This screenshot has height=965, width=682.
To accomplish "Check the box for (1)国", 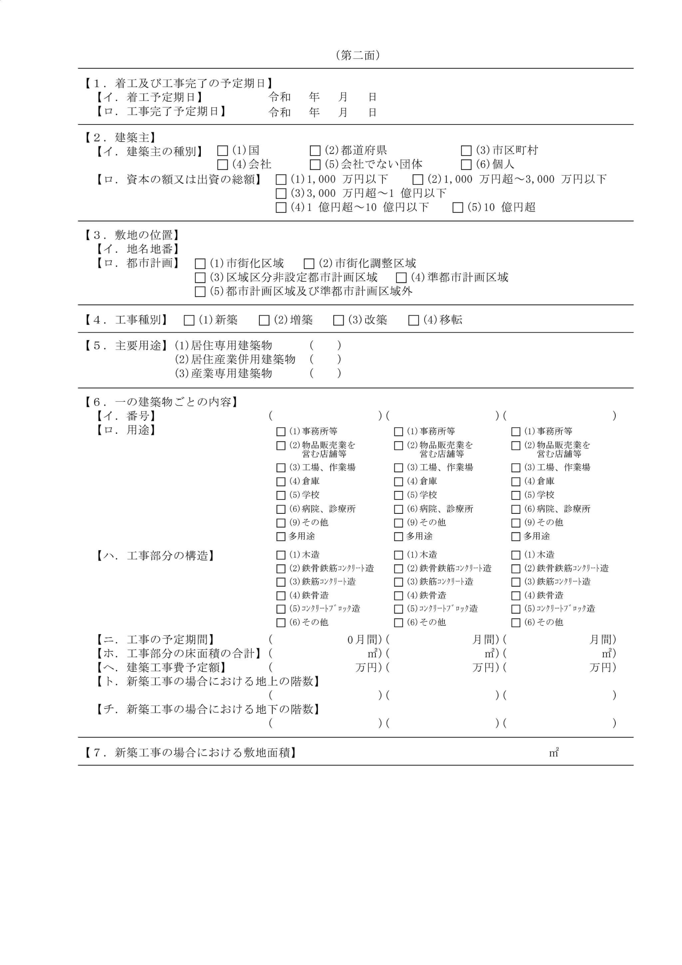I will pos(222,151).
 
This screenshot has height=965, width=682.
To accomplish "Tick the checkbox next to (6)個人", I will pos(466,164).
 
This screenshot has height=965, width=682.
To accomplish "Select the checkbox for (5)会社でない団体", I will pos(315,164).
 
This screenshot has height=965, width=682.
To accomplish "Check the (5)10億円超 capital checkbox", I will pos(458,208).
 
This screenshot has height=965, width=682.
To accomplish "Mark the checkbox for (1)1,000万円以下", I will pos(281,180).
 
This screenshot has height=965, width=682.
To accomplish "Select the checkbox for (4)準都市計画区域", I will pos(401,278).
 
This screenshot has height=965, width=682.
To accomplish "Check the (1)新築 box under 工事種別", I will pos(189,321).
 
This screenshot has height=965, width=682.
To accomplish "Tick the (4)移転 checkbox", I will pos(414,321).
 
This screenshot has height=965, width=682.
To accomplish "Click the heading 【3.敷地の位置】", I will pos(132,235).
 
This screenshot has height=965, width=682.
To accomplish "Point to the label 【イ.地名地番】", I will pos(138,249).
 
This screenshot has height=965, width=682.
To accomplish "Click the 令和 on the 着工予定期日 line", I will pos(279,97).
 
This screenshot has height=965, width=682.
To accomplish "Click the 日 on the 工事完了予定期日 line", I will pos(372,113).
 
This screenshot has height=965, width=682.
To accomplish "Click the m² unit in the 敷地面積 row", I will pos(554,753).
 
